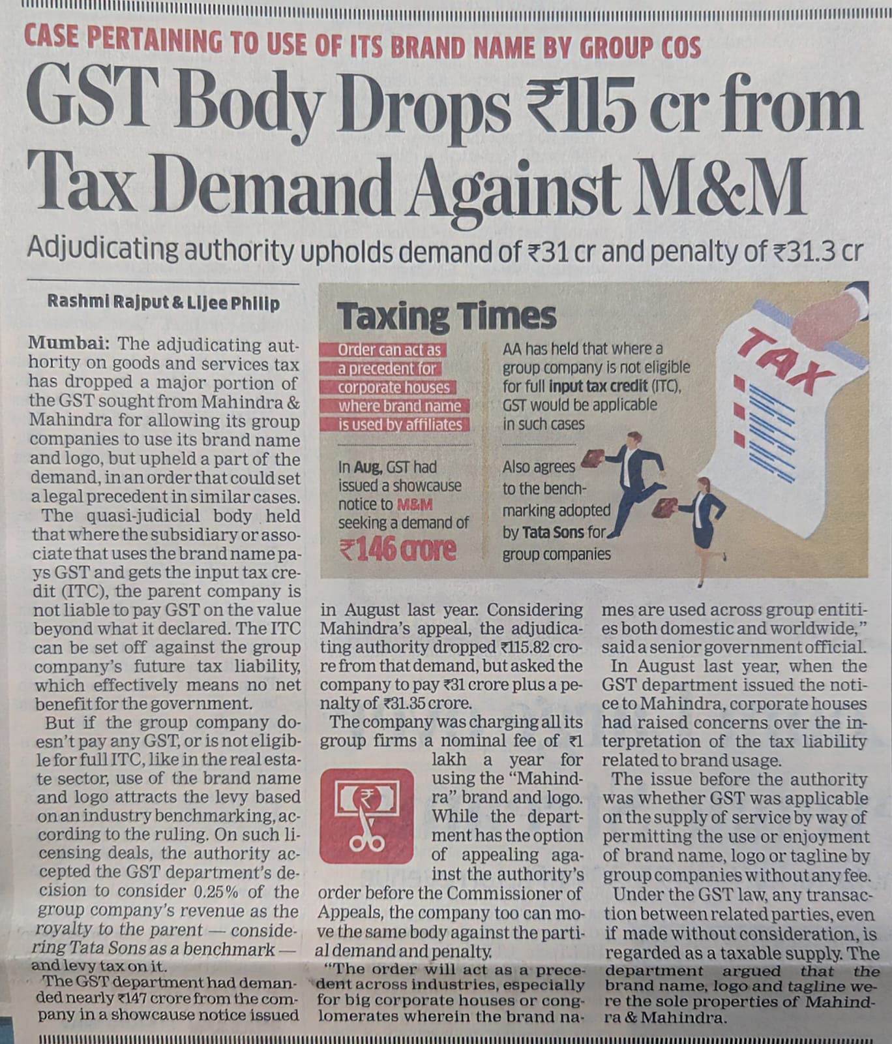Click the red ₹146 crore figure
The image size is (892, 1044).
tap(398, 550)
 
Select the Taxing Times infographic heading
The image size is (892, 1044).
tap(447, 316)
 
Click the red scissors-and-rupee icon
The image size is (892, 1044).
tap(367, 816)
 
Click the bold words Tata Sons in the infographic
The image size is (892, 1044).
tap(552, 532)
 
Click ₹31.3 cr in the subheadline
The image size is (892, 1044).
tap(818, 251)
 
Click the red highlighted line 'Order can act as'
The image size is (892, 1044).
tap(389, 350)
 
